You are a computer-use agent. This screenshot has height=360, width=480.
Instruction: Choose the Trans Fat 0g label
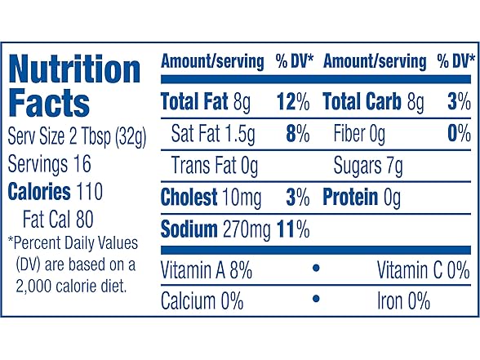pyautogui.click(x=215, y=167)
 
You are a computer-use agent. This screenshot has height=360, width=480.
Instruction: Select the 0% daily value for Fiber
pyautogui.click(x=459, y=134)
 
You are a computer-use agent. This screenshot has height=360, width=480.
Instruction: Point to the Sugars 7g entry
pyautogui.click(x=368, y=167)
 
